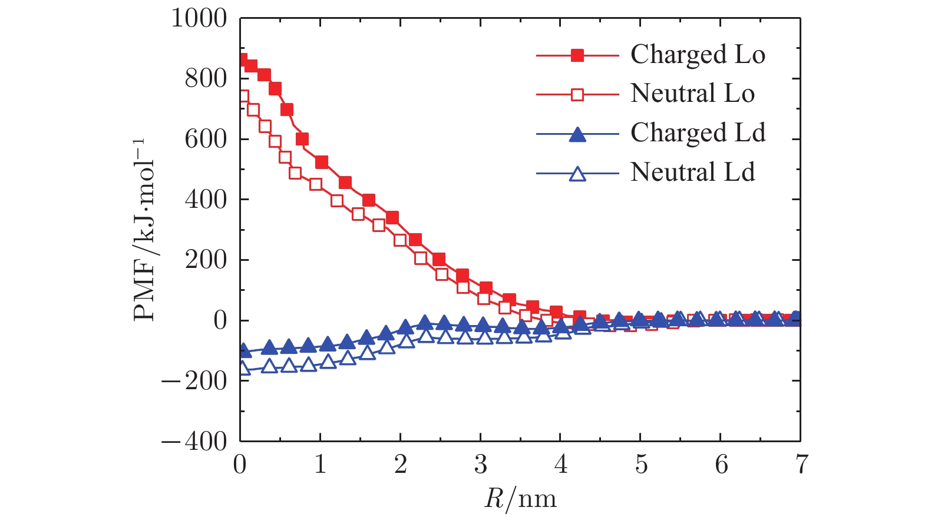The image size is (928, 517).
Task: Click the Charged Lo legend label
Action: (x=698, y=55)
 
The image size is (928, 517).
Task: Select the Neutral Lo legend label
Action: (x=692, y=94)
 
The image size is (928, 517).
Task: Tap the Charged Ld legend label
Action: (x=698, y=134)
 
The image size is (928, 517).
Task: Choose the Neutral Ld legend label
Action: (x=692, y=173)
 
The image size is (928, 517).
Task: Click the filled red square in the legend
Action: (x=578, y=55)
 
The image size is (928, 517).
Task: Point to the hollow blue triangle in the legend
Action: (x=578, y=174)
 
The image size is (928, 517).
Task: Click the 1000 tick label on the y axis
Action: (x=199, y=18)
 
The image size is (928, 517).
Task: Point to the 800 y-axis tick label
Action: (x=206, y=79)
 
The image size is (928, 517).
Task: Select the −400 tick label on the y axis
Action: (x=194, y=441)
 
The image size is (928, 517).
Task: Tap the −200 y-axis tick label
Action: (x=194, y=381)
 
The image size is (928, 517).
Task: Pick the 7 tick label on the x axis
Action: (x=801, y=465)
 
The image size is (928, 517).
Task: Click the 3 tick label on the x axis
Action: (x=480, y=465)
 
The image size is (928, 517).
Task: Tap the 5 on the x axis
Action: (x=640, y=465)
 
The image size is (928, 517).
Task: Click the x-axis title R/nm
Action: (x=520, y=498)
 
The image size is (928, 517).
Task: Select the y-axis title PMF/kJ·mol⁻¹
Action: (x=144, y=230)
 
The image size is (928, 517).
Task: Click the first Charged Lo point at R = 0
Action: (x=242, y=60)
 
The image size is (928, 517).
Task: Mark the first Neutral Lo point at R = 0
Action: (x=242, y=96)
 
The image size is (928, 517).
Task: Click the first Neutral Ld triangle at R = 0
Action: (x=242, y=369)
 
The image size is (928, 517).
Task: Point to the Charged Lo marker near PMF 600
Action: (x=302, y=139)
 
